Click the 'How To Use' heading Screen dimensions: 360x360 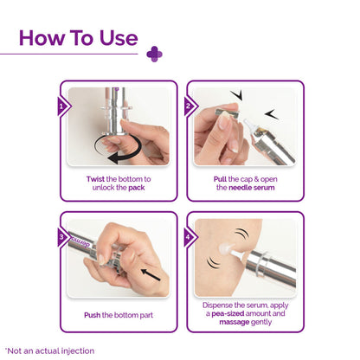[x=78, y=38]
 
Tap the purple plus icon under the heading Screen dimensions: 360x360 [x=154, y=54]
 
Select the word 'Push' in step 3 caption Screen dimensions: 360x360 [x=93, y=315]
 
